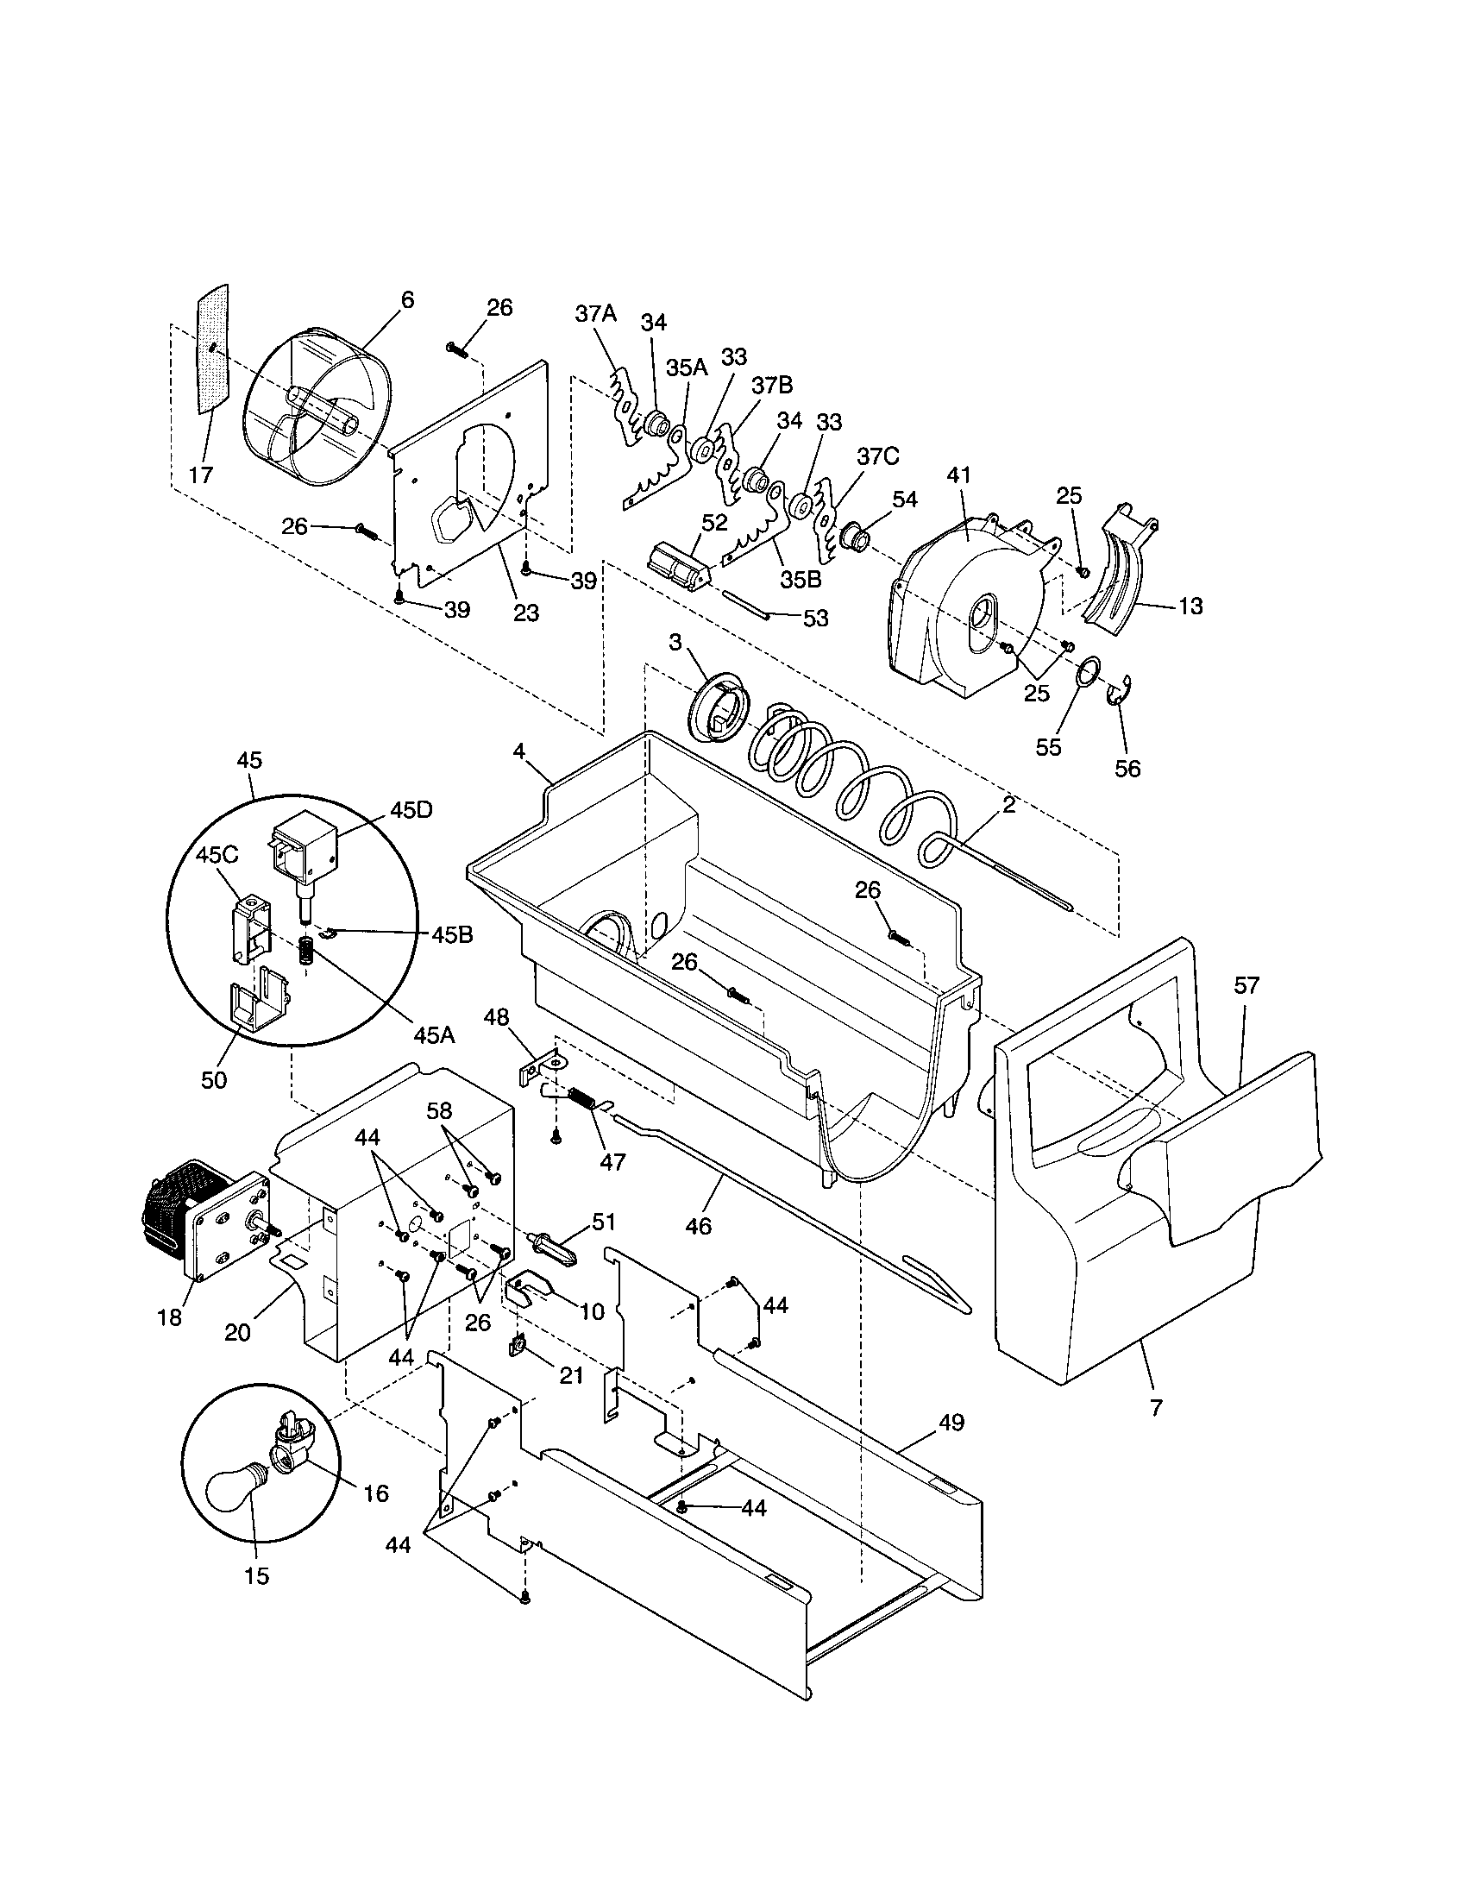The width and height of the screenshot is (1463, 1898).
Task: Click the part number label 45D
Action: coord(411,810)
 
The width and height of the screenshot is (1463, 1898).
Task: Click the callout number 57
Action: coord(1246,985)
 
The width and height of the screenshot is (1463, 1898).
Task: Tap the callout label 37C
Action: coord(877,456)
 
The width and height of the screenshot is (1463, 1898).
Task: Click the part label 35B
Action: coord(801,580)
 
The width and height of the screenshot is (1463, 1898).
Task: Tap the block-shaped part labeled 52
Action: coord(679,569)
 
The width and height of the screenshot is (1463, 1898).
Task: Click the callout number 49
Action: coord(951,1423)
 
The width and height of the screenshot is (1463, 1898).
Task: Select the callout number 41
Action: coord(959,475)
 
